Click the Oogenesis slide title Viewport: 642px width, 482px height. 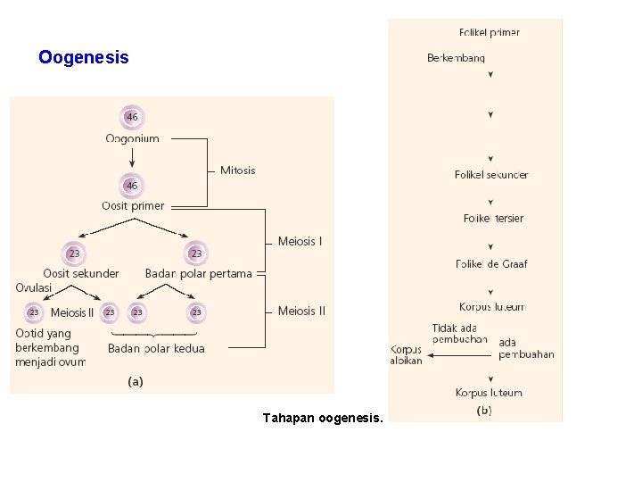point(84,58)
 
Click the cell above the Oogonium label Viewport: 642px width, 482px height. point(132,117)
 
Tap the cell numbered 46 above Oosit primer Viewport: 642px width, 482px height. point(132,185)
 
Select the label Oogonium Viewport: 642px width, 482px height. point(132,138)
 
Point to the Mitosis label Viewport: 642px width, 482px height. point(237,170)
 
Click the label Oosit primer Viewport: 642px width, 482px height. point(132,205)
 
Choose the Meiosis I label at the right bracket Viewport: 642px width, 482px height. point(300,241)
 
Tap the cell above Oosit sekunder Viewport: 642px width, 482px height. point(74,253)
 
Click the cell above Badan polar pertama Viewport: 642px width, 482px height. point(196,253)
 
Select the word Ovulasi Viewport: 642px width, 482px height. point(34,287)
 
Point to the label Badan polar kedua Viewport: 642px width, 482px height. point(156,348)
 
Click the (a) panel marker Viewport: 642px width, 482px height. point(135,381)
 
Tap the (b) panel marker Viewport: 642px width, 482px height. point(484,411)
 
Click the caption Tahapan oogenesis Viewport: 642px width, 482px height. point(323,417)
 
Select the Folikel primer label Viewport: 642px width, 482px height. point(489,32)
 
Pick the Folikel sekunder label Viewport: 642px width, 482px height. point(490,175)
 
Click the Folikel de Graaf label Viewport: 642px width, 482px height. point(490,263)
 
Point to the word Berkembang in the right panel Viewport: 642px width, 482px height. point(456,58)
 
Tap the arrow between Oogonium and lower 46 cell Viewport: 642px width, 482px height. point(132,158)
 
